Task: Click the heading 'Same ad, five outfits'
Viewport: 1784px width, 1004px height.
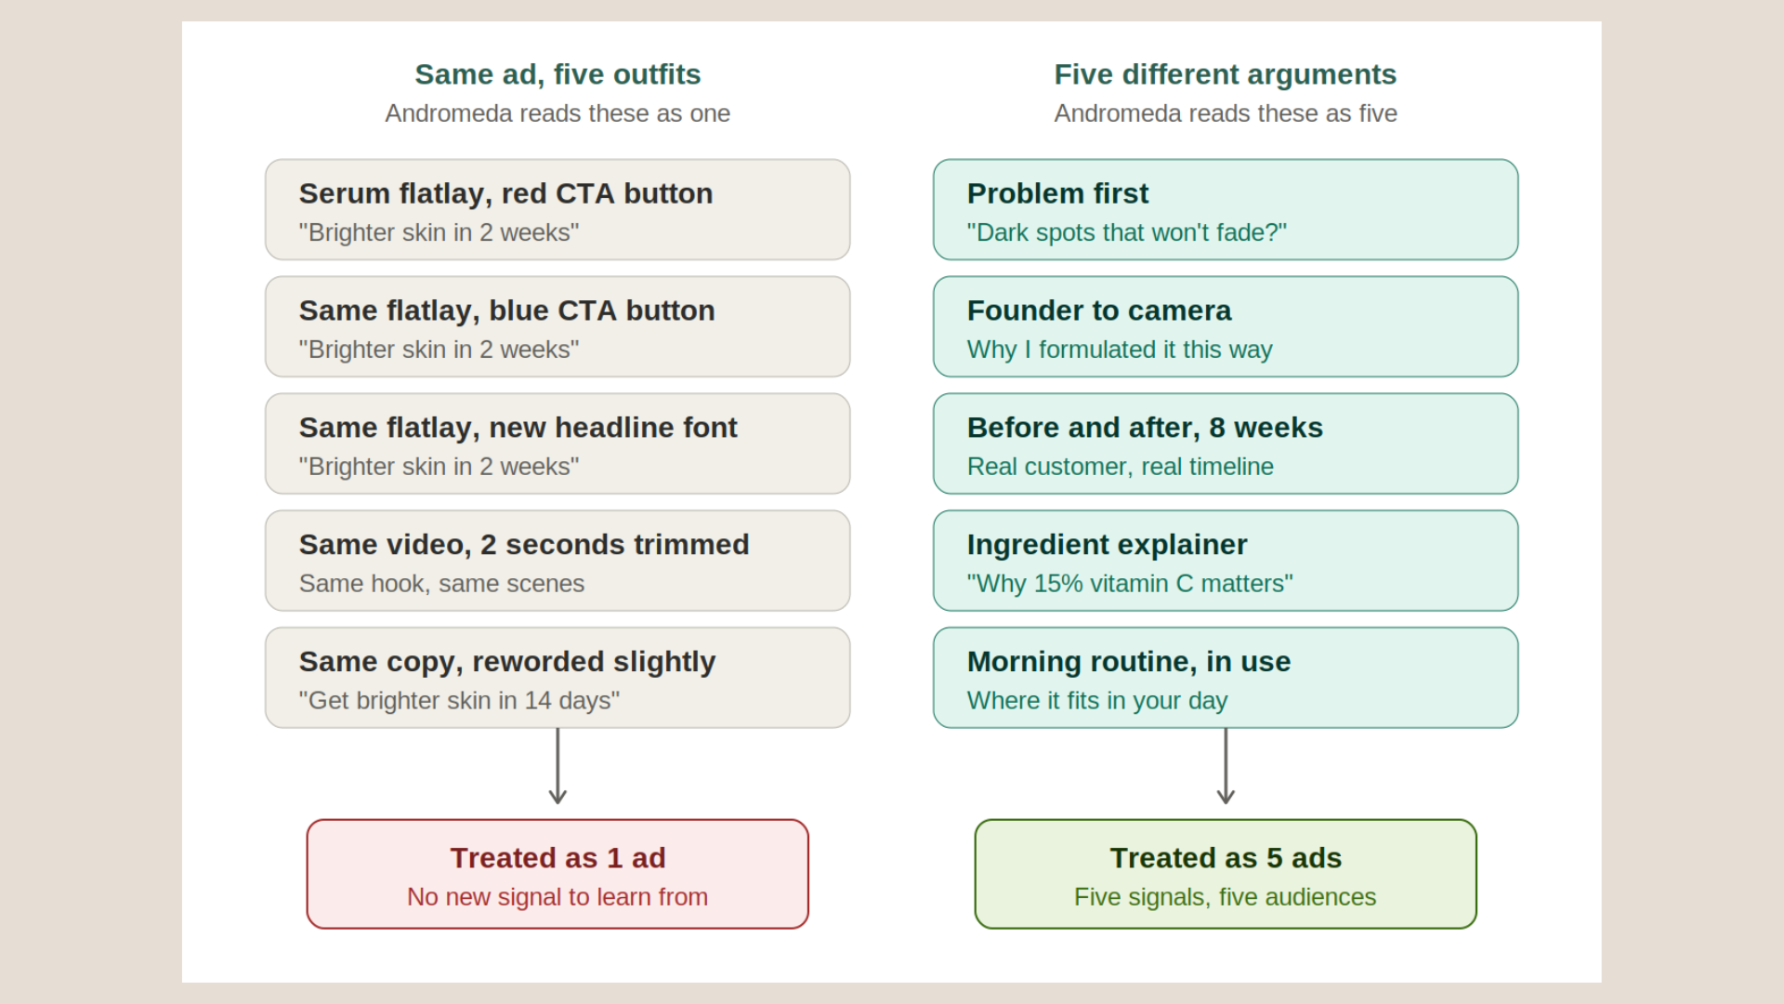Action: (x=557, y=74)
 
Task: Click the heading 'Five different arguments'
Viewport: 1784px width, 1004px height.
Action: (x=1226, y=74)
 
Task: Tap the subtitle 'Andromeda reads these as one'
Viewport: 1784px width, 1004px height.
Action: (x=557, y=113)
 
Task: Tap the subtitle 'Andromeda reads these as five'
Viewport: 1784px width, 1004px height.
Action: (x=1226, y=113)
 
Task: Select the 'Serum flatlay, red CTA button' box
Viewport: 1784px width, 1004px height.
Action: (x=557, y=209)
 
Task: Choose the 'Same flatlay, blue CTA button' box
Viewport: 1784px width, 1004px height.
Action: (x=557, y=326)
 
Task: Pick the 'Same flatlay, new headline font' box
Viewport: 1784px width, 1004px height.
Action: (x=557, y=443)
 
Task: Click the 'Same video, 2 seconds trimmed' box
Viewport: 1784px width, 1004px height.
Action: (x=557, y=561)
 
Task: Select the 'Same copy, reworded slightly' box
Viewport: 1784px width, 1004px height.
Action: (x=557, y=678)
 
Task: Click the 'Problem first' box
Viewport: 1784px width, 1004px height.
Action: (x=1226, y=209)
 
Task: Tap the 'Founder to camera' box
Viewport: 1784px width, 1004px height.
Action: (x=1226, y=326)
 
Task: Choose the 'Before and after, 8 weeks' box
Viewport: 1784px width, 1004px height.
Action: (x=1226, y=443)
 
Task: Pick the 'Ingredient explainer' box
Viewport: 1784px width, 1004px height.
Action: (x=1226, y=561)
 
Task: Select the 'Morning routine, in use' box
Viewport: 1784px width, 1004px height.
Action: (x=1226, y=678)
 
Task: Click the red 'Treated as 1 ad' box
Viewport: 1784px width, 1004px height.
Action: (x=557, y=874)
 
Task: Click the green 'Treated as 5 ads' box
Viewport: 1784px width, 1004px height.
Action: (x=1226, y=874)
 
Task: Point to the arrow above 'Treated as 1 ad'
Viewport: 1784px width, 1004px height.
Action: (x=557, y=766)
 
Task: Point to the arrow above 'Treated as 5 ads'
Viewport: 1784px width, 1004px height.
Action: (x=1226, y=766)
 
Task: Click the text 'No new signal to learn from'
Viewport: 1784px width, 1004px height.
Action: (x=557, y=897)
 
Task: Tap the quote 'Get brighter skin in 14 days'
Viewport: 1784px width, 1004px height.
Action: (x=459, y=700)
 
